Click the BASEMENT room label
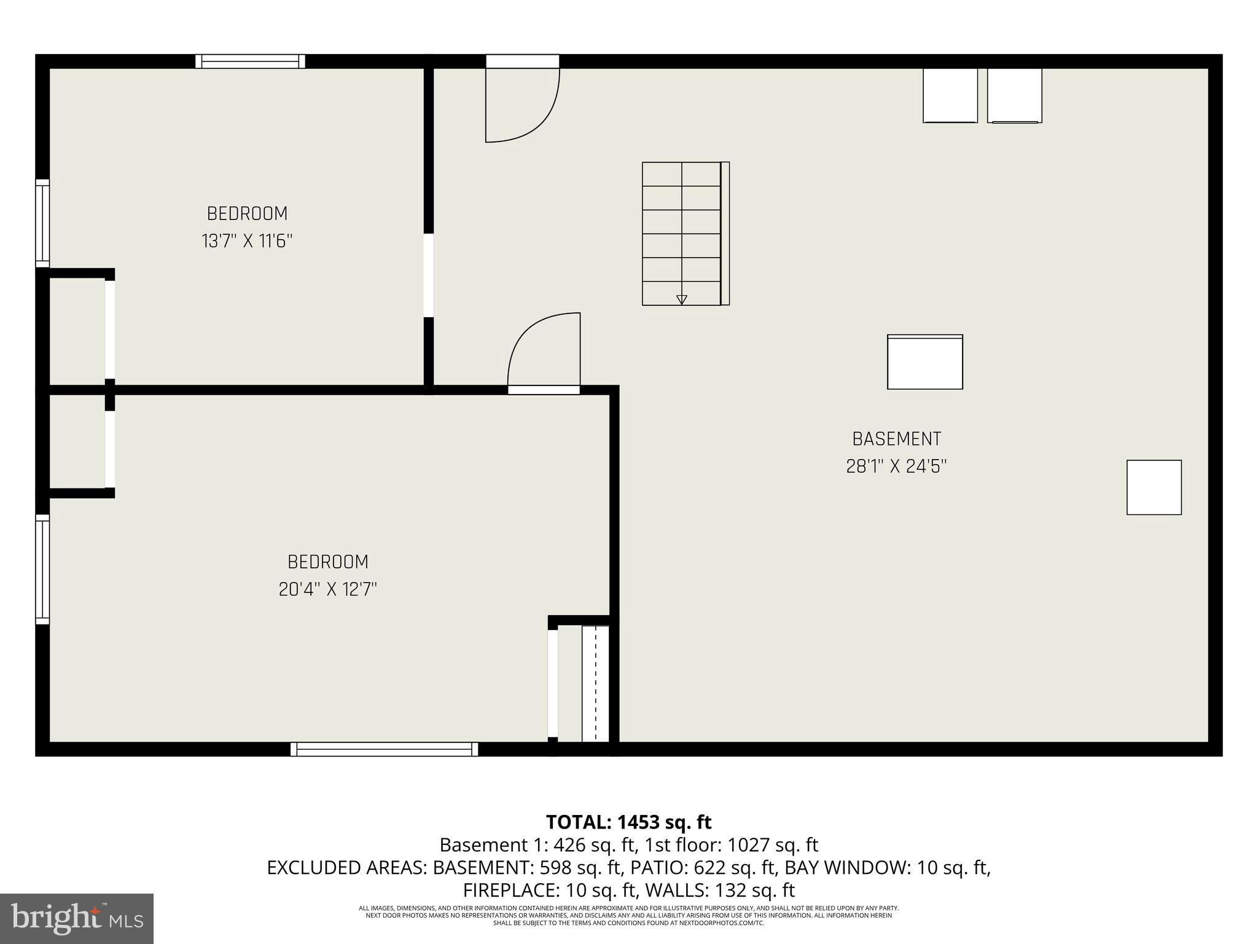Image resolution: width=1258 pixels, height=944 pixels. [x=896, y=439]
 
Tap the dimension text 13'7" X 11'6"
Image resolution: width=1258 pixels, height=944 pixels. [x=247, y=241]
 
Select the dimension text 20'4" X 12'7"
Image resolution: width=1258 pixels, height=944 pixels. [x=327, y=589]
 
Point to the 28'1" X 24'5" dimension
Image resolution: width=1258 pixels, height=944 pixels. [x=896, y=466]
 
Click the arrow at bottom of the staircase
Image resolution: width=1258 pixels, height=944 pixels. [x=681, y=299]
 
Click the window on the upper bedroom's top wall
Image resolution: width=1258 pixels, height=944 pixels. [x=250, y=61]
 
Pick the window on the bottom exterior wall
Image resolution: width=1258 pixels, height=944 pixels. [x=384, y=749]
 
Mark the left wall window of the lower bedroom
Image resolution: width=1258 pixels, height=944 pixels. [x=42, y=569]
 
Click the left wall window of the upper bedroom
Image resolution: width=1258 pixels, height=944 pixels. [x=42, y=223]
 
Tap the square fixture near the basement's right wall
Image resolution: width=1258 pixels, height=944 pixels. [x=1154, y=487]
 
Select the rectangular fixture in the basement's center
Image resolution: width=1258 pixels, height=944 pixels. [x=924, y=362]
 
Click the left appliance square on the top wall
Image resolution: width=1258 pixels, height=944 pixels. [x=950, y=95]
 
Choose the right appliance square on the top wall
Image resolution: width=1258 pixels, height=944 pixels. [x=1014, y=95]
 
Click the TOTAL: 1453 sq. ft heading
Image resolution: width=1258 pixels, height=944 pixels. [x=628, y=822]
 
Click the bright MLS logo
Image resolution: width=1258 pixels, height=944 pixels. [x=76, y=918]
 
